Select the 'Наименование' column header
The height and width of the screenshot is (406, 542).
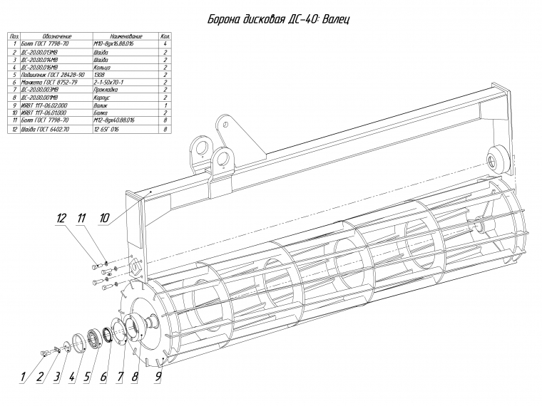point(127,36)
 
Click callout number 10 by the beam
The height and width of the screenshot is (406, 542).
point(104,218)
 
